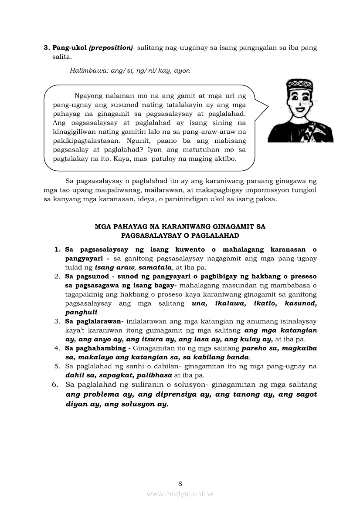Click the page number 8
pyautogui.click(x=180, y=483)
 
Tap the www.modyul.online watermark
pyautogui.click(x=180, y=494)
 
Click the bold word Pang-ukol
pyautogui.click(x=69, y=47)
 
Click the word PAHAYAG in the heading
pyautogui.click(x=131, y=226)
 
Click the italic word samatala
pyautogui.click(x=156, y=267)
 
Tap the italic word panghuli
pyautogui.click(x=81, y=312)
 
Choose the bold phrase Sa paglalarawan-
pyautogui.click(x=94, y=321)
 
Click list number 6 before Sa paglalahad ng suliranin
pyautogui.click(x=55, y=384)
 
